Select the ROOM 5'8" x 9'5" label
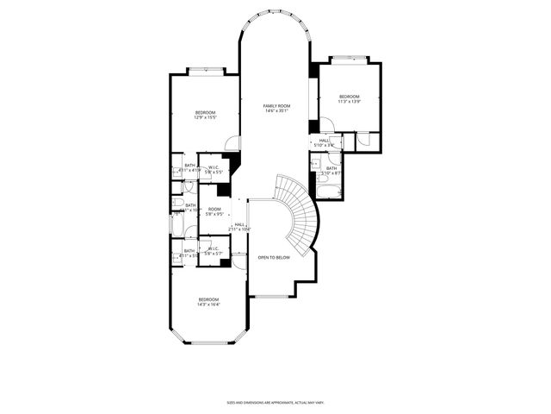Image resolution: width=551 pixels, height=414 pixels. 214,211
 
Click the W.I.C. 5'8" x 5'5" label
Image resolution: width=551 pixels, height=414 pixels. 214,169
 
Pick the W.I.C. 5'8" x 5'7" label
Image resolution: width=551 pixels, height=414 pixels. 213,251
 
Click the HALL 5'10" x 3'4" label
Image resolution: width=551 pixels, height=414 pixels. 325,142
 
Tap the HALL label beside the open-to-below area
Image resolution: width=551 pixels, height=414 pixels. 239,226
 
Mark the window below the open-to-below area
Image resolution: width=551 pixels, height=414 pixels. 269,297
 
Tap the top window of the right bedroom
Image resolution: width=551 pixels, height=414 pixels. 348,58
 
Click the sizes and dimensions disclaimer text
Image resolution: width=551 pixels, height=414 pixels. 275,402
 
